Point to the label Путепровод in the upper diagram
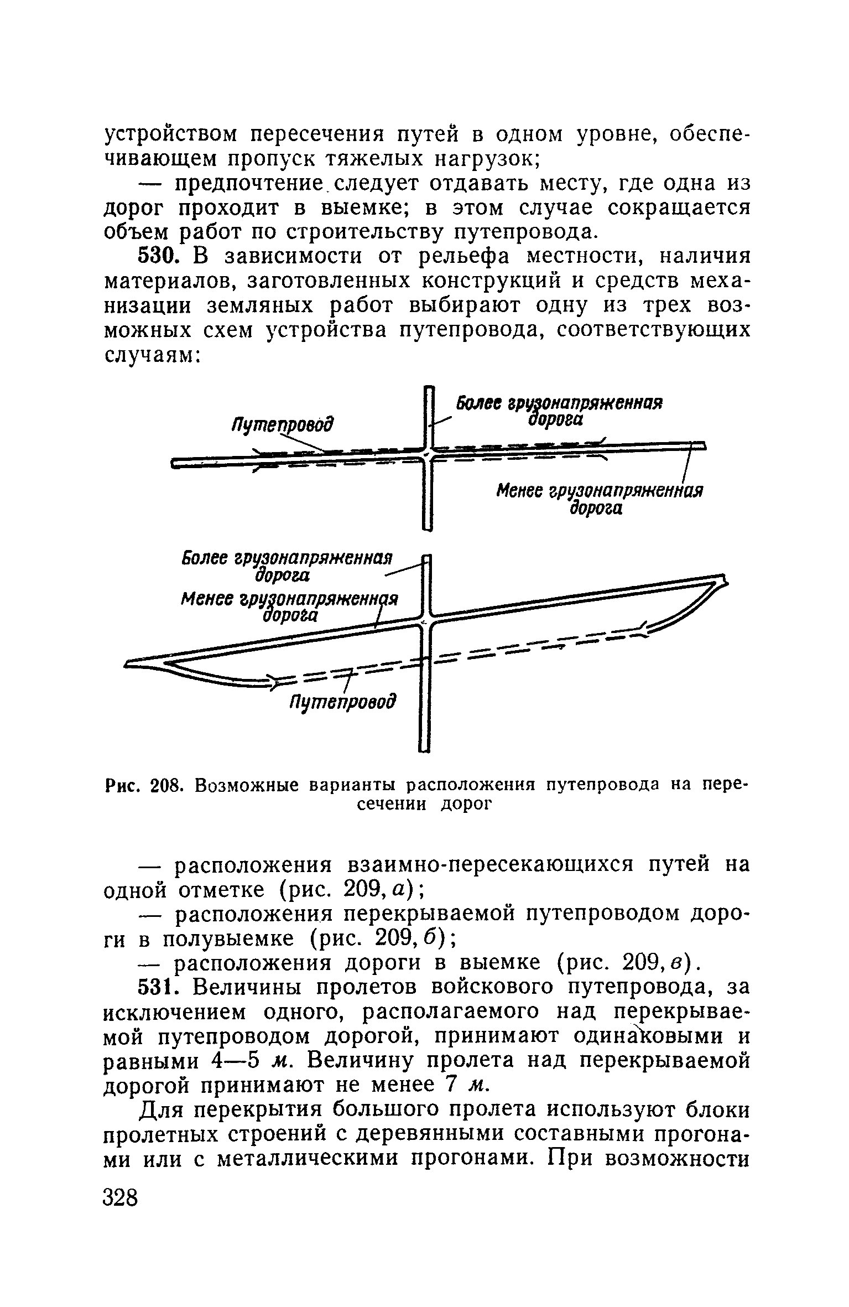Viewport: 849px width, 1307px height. [283, 426]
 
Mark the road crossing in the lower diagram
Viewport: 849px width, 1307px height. [426, 622]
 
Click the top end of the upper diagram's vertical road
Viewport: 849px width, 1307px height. [428, 388]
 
